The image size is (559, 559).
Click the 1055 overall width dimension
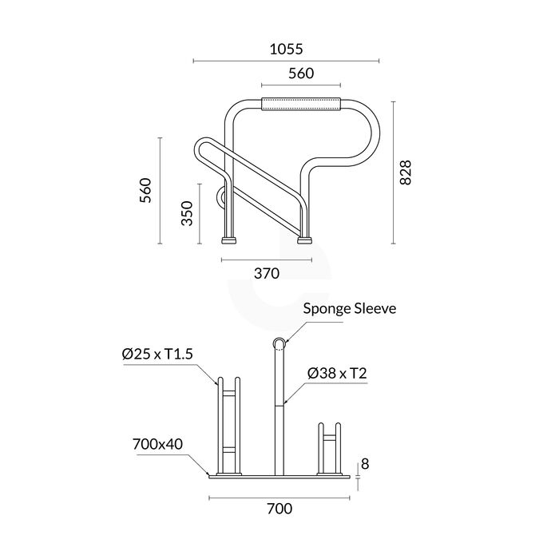point(287,49)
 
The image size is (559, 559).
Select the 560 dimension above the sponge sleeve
point(300,73)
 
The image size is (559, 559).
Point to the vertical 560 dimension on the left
point(146,191)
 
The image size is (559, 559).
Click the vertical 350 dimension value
point(187,215)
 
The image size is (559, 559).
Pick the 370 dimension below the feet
point(266,273)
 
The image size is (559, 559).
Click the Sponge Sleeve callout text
point(350,308)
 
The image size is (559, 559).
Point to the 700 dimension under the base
point(279,509)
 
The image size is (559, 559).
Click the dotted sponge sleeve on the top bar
point(301,104)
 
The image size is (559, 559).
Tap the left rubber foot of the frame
point(230,238)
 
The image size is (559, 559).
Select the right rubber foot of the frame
point(305,238)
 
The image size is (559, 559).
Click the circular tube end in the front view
point(279,344)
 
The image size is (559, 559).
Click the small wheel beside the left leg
point(220,196)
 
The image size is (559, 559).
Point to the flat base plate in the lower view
point(279,475)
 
